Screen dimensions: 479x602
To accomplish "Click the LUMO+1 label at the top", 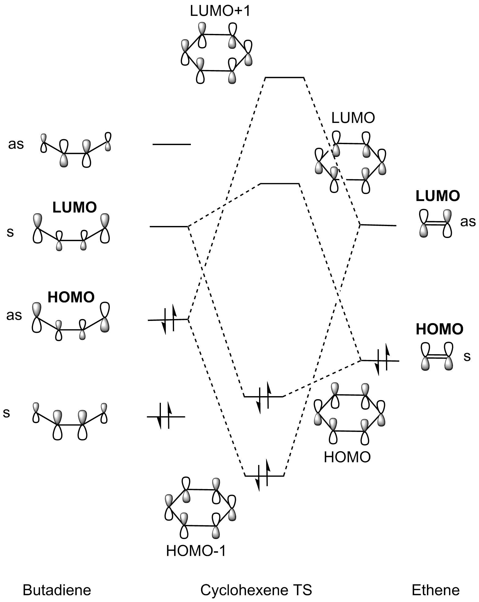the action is click(x=220, y=11).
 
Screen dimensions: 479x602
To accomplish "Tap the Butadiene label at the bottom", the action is click(x=57, y=590).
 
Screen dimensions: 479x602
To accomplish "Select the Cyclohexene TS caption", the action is click(x=256, y=590).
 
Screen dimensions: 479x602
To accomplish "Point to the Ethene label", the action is click(x=436, y=590).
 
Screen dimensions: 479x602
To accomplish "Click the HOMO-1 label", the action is click(x=196, y=551).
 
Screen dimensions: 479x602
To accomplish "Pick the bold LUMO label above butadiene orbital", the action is click(x=75, y=207).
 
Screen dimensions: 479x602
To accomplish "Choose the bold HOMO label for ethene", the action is click(x=440, y=329).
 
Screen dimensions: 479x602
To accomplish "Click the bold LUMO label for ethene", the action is click(x=438, y=196).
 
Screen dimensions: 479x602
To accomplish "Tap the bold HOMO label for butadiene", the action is click(x=71, y=297).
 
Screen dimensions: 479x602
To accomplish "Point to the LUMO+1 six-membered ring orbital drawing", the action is click(x=217, y=52).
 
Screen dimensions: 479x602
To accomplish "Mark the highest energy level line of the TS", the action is click(x=284, y=78).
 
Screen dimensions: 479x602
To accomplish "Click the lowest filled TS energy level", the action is click(x=264, y=476).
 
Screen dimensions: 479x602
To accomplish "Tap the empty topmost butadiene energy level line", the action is click(x=172, y=144).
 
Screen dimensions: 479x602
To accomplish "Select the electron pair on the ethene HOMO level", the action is click(x=382, y=359).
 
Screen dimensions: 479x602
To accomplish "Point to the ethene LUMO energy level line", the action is click(x=378, y=225).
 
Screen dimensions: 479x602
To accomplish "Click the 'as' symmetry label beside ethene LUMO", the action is click(x=468, y=221).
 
